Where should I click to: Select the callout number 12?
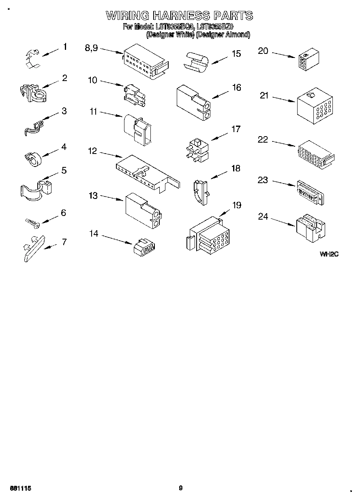coord(92,151)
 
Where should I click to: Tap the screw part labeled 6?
coord(32,222)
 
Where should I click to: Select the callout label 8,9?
coord(91,48)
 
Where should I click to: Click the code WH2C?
coord(329,254)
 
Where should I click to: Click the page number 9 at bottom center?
coord(181,488)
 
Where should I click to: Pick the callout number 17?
coord(236,130)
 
